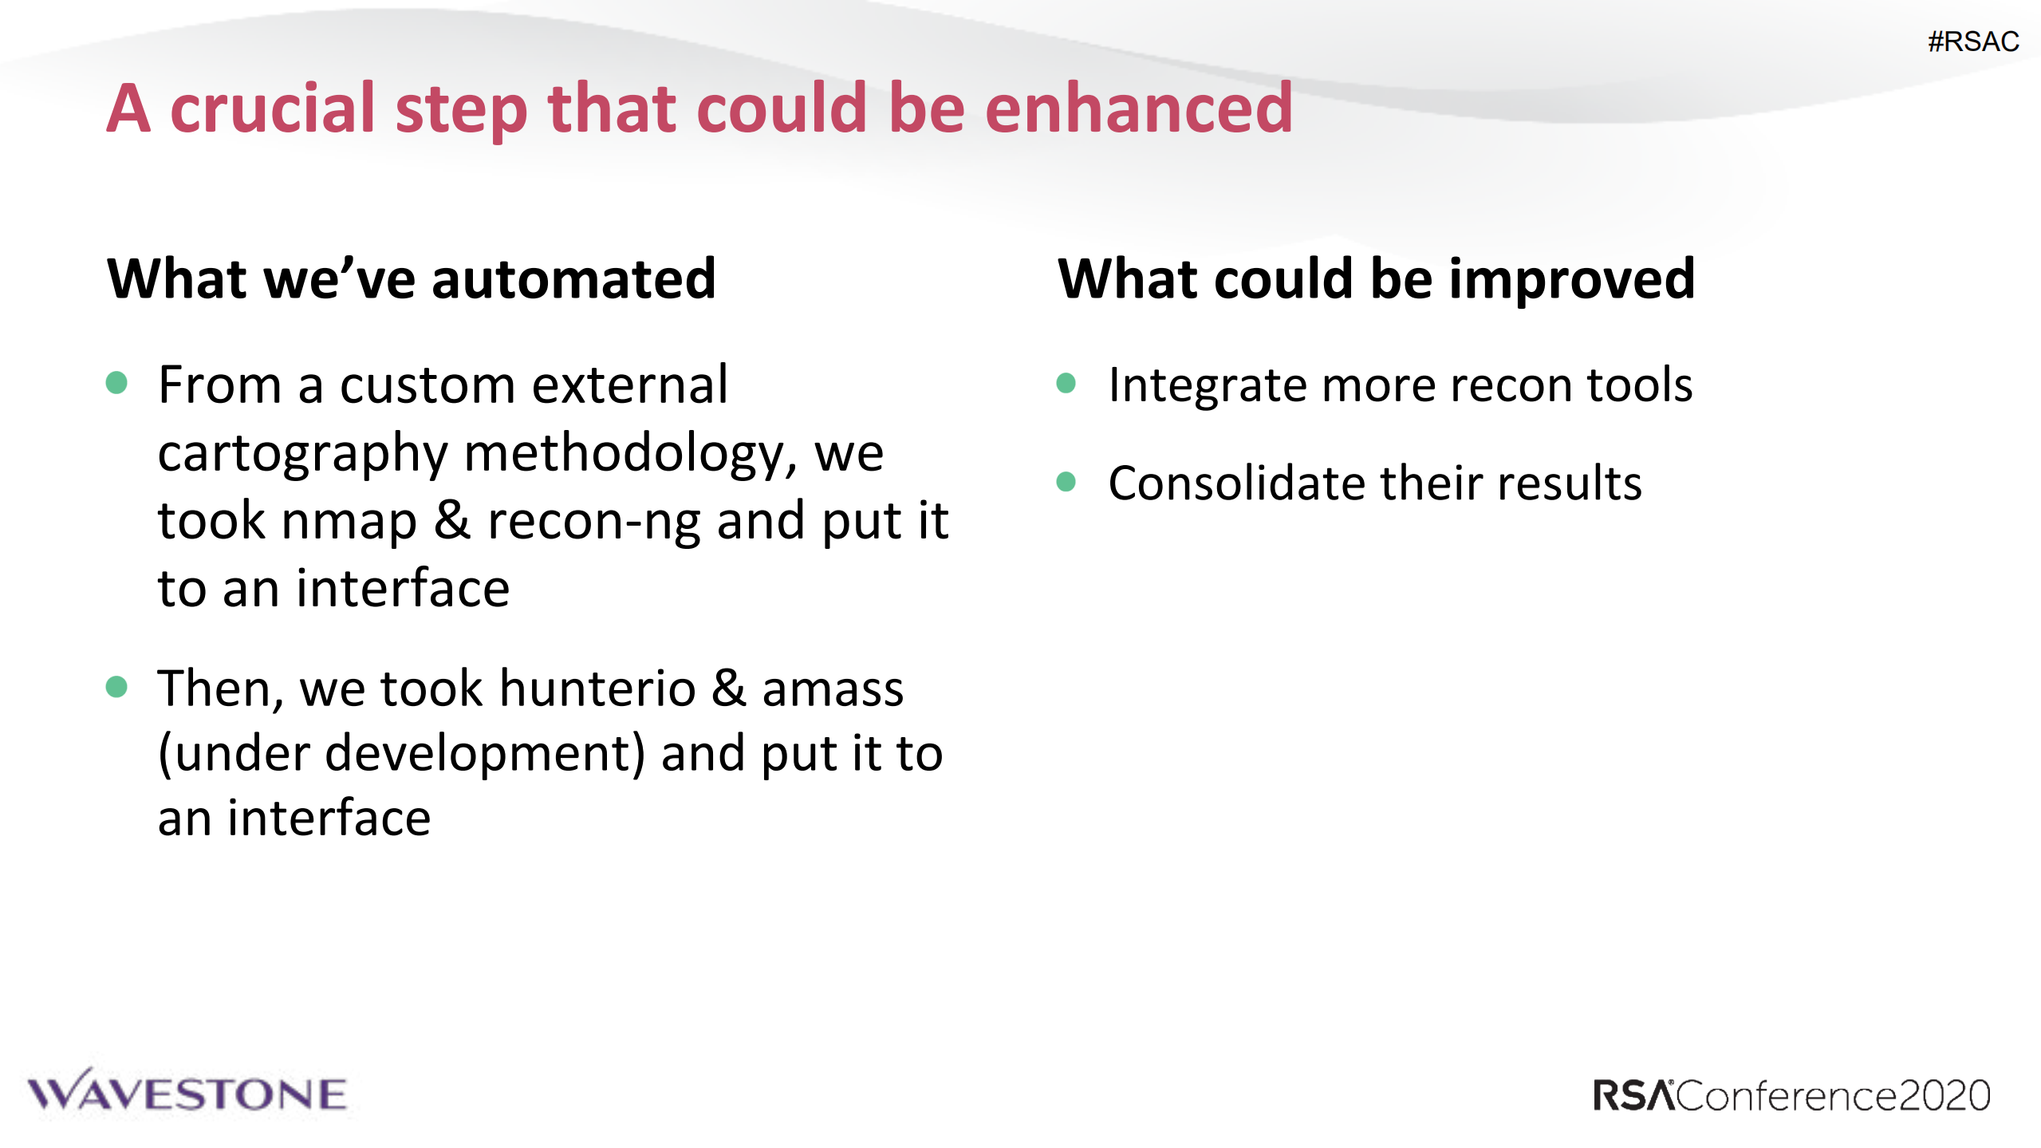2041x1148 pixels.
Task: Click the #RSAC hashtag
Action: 1973,41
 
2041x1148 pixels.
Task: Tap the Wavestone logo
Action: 187,1091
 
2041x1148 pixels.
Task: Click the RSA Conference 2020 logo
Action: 1791,1095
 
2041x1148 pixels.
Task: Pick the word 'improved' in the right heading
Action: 1572,280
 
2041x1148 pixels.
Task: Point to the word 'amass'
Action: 833,690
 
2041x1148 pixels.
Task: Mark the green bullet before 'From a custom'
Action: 116,382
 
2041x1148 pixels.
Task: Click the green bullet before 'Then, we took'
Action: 116,686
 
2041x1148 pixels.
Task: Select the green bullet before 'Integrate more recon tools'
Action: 1066,384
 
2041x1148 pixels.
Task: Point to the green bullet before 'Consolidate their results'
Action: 1066,481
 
